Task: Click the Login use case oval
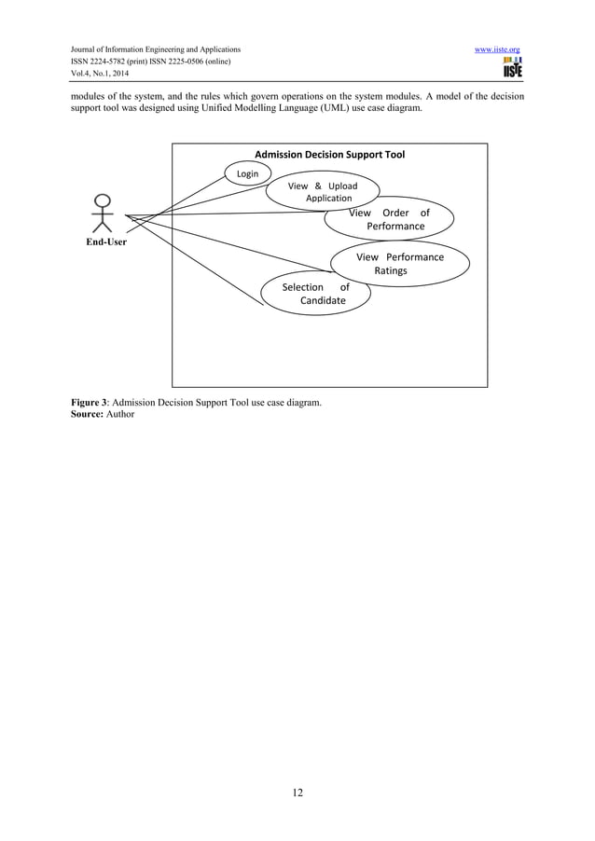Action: pyautogui.click(x=247, y=173)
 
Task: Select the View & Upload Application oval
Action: pyautogui.click(x=323, y=192)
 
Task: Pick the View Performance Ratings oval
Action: pyautogui.click(x=399, y=264)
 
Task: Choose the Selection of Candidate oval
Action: pyautogui.click(x=315, y=294)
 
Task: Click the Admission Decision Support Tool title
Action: pyautogui.click(x=329, y=154)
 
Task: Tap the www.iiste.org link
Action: pyautogui.click(x=497, y=48)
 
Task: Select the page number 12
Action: pyautogui.click(x=297, y=793)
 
